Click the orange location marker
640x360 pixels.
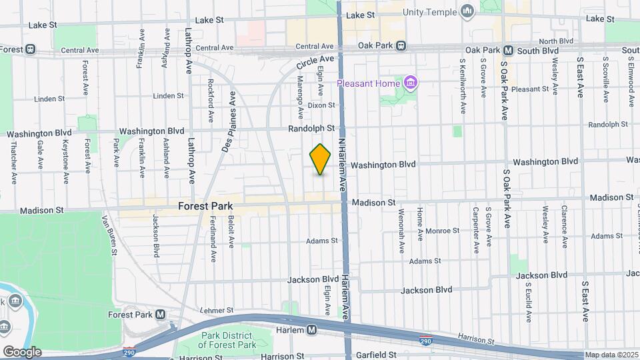coord(321,159)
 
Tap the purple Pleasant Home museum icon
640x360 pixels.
coord(411,83)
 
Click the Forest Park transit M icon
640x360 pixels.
coord(160,315)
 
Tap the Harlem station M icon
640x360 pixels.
coord(312,330)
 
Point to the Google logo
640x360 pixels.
coord(22,352)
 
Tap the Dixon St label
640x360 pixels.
coord(321,105)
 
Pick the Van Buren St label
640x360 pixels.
coord(110,234)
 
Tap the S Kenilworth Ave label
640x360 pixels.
coord(462,84)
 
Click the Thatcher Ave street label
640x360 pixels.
coord(13,161)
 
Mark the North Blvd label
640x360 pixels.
coord(557,41)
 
